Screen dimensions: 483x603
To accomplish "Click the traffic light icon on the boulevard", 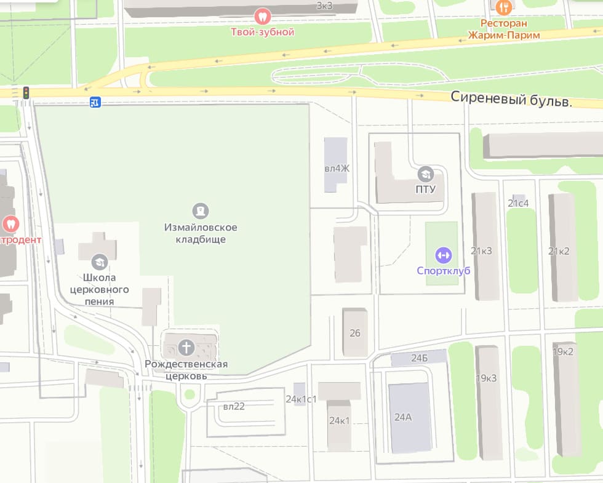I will coord(26,93).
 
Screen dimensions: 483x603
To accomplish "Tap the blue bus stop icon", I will coord(95,102).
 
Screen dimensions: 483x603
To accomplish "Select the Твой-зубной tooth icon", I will coord(263,17).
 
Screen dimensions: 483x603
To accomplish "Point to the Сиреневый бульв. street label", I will coord(511,98).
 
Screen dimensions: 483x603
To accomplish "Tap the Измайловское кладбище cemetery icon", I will coord(200,212).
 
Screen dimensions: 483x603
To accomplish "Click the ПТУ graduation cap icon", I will coord(425,174).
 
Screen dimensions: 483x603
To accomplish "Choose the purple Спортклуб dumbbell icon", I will coord(443,255).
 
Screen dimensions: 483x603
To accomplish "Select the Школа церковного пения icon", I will coord(99,262).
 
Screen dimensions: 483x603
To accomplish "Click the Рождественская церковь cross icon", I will coord(186,348).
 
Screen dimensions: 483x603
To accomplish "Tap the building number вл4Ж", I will coord(337,168).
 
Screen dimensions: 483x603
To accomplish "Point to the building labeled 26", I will coord(355,333).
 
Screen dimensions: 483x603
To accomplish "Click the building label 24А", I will coord(403,417).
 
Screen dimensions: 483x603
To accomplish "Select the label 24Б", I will coord(420,357).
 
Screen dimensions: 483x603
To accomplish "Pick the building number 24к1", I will coord(339,421).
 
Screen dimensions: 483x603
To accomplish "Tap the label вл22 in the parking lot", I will coord(234,406).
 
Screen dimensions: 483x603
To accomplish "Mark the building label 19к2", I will coord(563,352).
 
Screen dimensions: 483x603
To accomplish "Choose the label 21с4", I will coord(518,203).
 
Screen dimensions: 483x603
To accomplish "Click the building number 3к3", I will coord(324,6).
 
